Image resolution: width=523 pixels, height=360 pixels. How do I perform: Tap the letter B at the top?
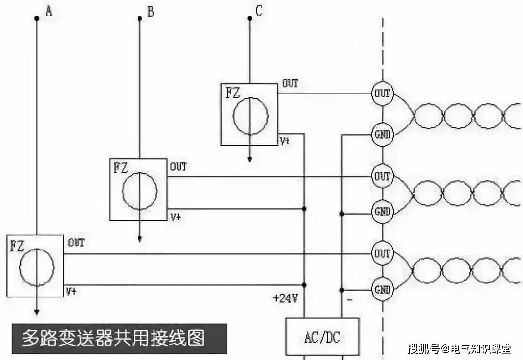[151, 12]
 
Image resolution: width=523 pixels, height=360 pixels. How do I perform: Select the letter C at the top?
[259, 11]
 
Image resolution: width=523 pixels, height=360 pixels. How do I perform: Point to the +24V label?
[286, 299]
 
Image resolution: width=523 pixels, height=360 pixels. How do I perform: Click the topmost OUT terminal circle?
[382, 94]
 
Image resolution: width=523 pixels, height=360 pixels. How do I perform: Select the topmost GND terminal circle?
[382, 134]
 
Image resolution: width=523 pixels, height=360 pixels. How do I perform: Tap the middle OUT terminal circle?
[382, 176]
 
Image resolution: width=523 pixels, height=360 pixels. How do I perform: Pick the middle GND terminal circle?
[382, 211]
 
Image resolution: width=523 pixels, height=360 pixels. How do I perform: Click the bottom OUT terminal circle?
[382, 254]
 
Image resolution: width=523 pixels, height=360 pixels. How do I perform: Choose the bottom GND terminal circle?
[382, 290]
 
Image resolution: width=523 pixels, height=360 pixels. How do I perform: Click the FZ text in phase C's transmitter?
[232, 93]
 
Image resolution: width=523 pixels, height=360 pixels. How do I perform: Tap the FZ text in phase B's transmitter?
[121, 168]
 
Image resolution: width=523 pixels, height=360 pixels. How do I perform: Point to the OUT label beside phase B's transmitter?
[178, 167]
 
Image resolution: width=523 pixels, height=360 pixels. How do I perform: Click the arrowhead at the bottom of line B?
[139, 239]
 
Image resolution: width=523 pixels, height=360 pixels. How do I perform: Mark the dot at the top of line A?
[36, 19]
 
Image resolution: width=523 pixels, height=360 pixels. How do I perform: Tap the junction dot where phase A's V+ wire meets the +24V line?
[304, 285]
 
